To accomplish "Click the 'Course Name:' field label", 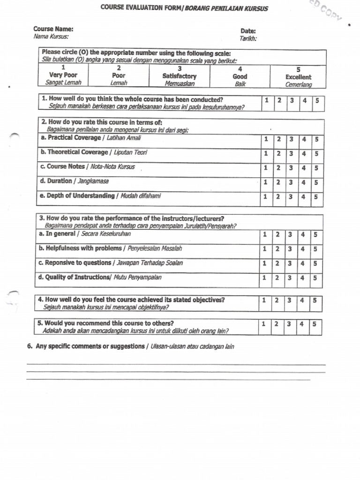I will pyautogui.click(x=53, y=29).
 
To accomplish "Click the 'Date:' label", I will pyautogui.click(x=248, y=31).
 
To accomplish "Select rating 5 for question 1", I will pyautogui.click(x=316, y=100).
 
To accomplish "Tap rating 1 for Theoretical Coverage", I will pyautogui.click(x=265, y=154).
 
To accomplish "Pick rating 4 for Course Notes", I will pyautogui.click(x=303, y=168).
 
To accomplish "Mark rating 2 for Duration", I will pyautogui.click(x=278, y=182).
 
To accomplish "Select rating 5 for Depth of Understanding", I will pyautogui.click(x=316, y=197).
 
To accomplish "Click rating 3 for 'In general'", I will pyautogui.click(x=291, y=235).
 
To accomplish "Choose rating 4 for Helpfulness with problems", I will pyautogui.click(x=303, y=249).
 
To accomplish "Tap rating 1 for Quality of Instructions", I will pyautogui.click(x=265, y=278).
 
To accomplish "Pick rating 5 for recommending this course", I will pyautogui.click(x=315, y=324).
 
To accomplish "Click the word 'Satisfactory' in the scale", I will pyautogui.click(x=180, y=76).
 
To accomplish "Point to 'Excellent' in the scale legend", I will pyautogui.click(x=298, y=77).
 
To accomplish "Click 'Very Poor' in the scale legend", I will pyautogui.click(x=63, y=75).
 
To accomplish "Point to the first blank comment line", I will pyautogui.click(x=176, y=364).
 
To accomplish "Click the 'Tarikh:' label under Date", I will pyautogui.click(x=248, y=38).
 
